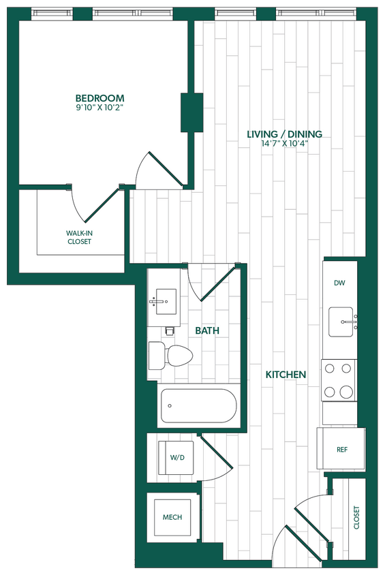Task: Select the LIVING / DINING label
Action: coord(284,134)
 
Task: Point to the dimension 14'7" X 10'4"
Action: coord(284,144)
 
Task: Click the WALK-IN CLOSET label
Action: coord(79,237)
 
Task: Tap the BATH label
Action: coord(207,330)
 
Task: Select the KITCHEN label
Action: coord(286,375)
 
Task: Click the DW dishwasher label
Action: coord(339,283)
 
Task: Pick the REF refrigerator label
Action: coord(343,450)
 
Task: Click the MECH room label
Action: coord(172,518)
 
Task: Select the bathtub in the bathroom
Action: coord(198,407)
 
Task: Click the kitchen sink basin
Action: coord(342,322)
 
